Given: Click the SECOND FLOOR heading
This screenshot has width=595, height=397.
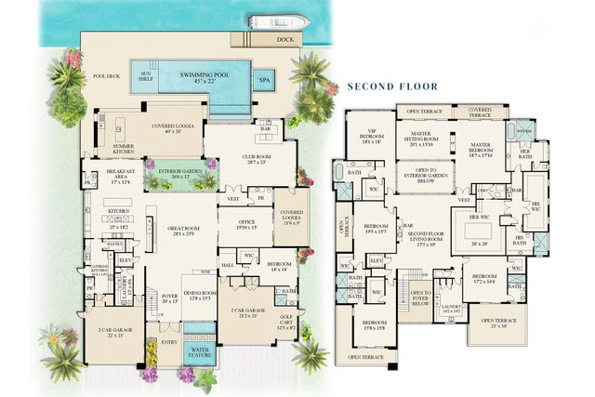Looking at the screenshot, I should (x=391, y=86).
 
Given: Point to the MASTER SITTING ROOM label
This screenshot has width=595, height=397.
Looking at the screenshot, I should (x=426, y=137).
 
